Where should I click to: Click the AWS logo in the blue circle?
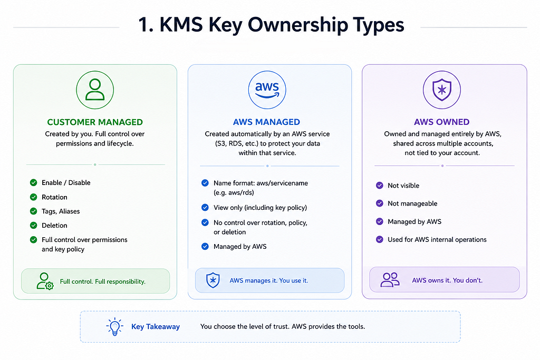(x=267, y=90)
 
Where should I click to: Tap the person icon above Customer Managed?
(x=95, y=90)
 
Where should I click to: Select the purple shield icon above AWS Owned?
(x=442, y=90)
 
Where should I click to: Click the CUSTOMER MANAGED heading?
(x=95, y=122)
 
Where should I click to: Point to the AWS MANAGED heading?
(x=266, y=122)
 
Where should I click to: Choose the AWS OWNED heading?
(x=442, y=122)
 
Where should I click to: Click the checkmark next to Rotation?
(x=33, y=197)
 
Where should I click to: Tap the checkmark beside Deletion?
(x=33, y=226)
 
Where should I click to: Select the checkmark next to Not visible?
(x=380, y=186)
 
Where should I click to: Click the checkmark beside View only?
(x=205, y=208)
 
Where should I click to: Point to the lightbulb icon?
(x=114, y=326)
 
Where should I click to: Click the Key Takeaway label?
(x=156, y=327)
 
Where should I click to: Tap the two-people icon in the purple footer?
(x=390, y=280)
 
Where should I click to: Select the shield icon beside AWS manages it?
(x=213, y=280)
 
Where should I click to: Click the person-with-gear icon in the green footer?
(x=45, y=281)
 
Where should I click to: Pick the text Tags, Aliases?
(x=61, y=211)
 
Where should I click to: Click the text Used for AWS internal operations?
(x=437, y=239)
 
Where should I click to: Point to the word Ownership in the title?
(x=298, y=25)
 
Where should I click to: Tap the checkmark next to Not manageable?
(x=380, y=203)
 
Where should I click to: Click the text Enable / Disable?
(x=66, y=183)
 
